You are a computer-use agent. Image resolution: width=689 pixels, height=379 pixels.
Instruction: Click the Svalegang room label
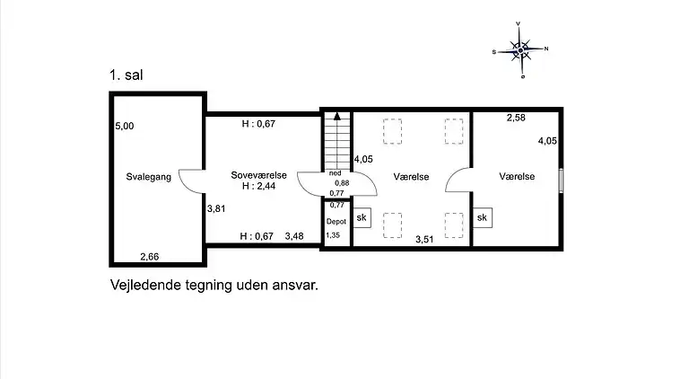tap(148, 177)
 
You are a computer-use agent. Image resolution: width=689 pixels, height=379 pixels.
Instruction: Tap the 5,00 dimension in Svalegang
tap(125, 127)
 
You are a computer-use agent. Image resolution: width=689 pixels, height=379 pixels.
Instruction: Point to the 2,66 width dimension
tap(151, 258)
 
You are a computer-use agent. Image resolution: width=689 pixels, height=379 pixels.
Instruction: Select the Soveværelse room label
tap(259, 176)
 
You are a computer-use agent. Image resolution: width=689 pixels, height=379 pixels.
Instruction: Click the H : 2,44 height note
tap(258, 187)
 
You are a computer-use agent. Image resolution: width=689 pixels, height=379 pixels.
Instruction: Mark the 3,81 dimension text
tap(215, 208)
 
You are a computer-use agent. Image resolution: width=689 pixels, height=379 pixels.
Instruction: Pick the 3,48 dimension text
tap(295, 236)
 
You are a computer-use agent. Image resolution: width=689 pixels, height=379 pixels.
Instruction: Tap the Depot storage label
tap(336, 220)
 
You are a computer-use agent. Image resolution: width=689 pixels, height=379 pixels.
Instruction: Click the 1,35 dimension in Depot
tap(333, 235)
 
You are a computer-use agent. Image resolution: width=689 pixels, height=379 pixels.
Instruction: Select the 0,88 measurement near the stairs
tap(342, 183)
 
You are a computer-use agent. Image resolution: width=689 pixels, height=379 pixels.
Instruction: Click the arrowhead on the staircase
tap(336, 115)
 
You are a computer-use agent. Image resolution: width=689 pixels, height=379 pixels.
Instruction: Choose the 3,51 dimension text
tap(424, 240)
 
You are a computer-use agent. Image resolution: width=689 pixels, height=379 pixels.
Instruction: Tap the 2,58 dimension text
tap(516, 118)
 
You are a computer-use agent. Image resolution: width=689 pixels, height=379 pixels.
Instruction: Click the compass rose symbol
tap(521, 49)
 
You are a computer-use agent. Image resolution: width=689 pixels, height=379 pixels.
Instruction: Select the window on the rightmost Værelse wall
tap(561, 179)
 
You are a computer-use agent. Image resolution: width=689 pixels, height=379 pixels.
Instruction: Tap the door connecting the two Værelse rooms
tap(459, 181)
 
